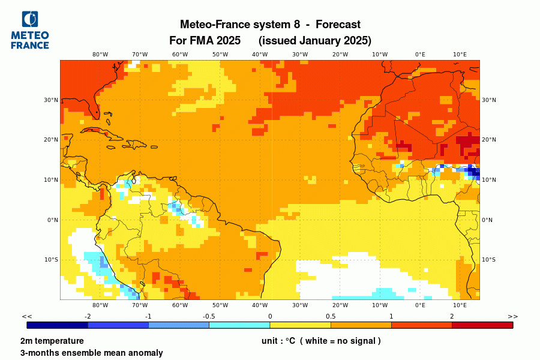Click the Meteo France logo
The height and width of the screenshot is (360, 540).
click(x=30, y=30)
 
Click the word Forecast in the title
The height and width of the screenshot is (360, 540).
click(x=338, y=25)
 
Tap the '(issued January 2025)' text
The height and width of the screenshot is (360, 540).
click(x=315, y=41)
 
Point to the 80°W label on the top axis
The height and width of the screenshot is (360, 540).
click(x=100, y=54)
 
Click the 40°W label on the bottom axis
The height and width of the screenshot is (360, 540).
click(x=260, y=305)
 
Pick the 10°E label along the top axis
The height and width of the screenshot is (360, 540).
click(x=460, y=54)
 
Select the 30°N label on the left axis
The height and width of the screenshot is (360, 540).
click(x=52, y=100)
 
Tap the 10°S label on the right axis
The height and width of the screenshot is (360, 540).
click(x=489, y=260)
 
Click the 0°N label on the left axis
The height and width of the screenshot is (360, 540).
click(x=53, y=220)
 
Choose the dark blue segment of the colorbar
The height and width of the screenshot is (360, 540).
click(x=58, y=325)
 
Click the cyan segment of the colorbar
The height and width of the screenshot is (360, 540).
click(x=239, y=325)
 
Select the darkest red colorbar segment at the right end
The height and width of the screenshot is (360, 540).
click(x=482, y=325)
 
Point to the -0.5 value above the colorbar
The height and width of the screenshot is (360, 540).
click(x=209, y=316)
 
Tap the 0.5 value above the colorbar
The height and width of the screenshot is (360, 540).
click(x=331, y=316)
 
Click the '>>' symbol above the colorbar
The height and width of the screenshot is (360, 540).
click(x=512, y=316)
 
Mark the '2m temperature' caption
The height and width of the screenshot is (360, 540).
click(x=52, y=341)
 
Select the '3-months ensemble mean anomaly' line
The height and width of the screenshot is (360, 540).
click(x=91, y=353)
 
